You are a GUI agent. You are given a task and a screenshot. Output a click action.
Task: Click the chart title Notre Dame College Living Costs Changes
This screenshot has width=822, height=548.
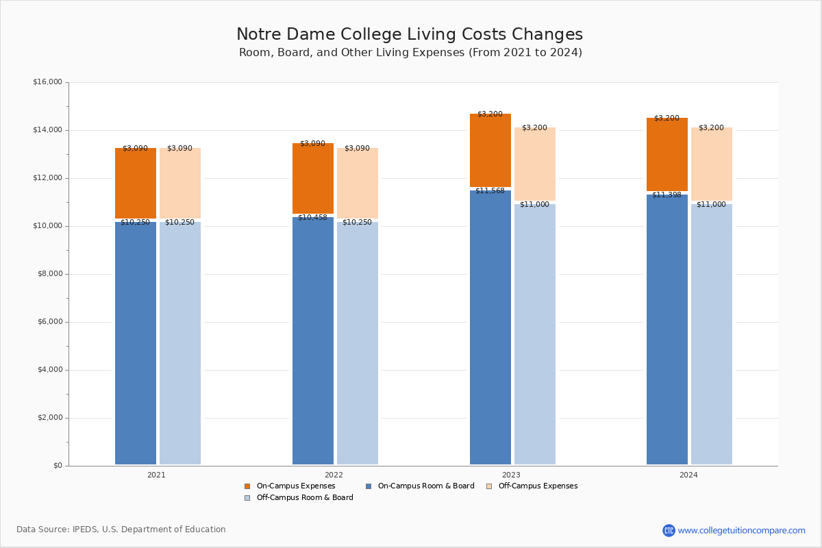tap(410, 35)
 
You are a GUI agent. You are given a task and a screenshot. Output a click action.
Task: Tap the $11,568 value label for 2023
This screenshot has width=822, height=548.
tap(490, 190)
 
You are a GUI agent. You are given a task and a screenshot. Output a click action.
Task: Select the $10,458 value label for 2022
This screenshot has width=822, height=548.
tap(312, 217)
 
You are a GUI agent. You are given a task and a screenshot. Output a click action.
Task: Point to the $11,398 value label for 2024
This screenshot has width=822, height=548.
tap(667, 195)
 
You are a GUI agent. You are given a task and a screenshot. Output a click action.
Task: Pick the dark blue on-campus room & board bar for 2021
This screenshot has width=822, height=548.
tap(136, 342)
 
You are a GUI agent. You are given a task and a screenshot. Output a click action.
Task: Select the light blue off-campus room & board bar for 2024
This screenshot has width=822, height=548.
tap(712, 336)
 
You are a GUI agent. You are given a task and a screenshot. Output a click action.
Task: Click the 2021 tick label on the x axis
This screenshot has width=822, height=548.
tap(156, 475)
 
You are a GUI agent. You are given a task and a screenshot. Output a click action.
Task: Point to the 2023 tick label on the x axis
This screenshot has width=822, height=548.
tap(511, 475)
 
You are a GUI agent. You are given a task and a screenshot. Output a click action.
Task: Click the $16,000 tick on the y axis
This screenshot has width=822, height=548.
tap(47, 82)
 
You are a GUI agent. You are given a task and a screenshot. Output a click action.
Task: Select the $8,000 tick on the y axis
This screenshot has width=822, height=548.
tap(49, 274)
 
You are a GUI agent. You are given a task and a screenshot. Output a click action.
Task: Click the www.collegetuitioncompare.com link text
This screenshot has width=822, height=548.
tap(741, 530)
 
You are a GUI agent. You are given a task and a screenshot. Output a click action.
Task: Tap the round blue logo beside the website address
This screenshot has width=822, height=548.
tap(669, 530)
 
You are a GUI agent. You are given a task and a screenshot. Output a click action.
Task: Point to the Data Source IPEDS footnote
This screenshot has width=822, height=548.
tap(121, 530)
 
